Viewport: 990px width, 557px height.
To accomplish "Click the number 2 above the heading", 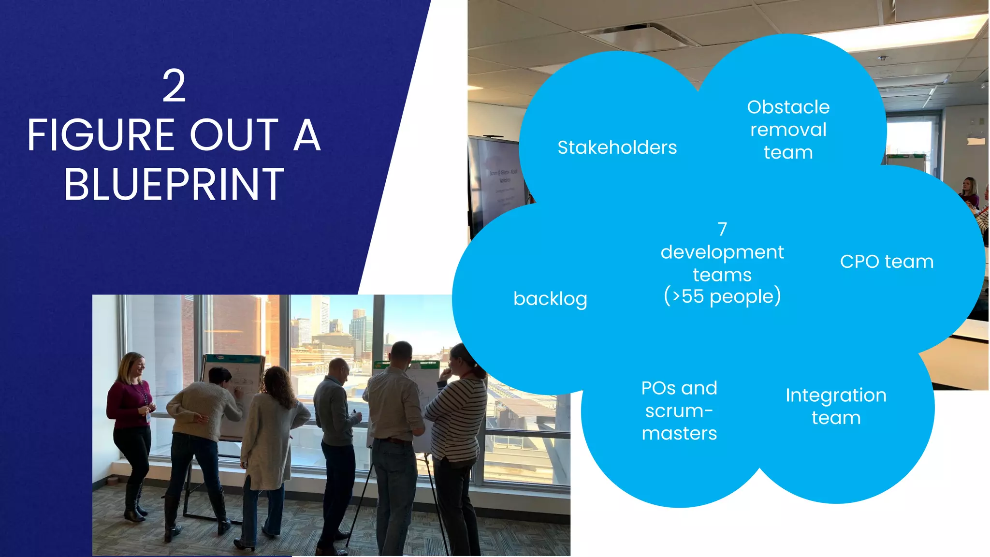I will point(174,86).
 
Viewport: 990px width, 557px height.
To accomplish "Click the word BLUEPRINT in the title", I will point(174,185).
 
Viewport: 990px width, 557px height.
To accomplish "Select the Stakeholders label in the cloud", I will point(617,147).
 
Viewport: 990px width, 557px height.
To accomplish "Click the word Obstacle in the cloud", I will point(788,107).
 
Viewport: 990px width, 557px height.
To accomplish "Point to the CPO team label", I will point(887,262).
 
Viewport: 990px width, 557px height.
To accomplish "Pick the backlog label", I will point(550,299).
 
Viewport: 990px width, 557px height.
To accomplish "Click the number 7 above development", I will point(722,229).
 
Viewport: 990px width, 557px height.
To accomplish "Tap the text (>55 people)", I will point(722,296).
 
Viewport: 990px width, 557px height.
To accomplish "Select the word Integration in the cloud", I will point(836,396).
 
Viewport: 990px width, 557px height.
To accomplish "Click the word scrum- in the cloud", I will point(679,411).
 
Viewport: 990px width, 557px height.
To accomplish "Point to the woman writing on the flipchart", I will point(203,425).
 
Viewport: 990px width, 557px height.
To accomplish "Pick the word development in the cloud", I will point(722,252).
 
